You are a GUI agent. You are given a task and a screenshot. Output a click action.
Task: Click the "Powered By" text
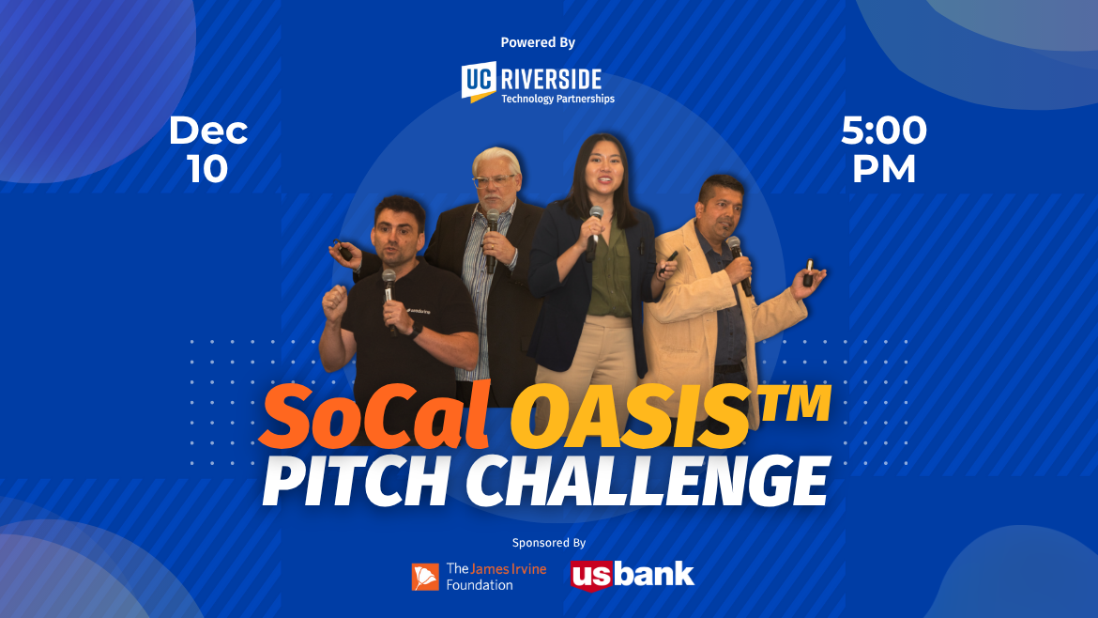click(x=538, y=42)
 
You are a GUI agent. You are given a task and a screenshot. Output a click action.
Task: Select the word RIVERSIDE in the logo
click(x=551, y=77)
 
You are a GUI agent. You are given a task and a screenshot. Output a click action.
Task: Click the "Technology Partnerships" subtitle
click(x=557, y=99)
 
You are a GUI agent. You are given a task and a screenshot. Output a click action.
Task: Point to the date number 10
click(x=207, y=169)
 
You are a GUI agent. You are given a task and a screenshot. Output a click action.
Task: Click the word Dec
click(x=208, y=131)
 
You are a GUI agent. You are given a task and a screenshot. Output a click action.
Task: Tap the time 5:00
click(x=883, y=131)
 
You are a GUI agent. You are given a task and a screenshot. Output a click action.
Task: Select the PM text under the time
click(x=883, y=169)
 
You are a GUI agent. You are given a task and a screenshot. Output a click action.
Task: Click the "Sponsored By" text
click(x=549, y=543)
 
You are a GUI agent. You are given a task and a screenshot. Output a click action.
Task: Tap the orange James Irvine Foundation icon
click(x=425, y=577)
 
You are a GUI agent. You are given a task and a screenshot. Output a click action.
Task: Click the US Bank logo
click(x=632, y=574)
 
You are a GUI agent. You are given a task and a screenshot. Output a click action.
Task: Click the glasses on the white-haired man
click(x=495, y=180)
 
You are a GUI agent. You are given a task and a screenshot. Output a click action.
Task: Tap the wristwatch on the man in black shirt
click(x=415, y=330)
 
